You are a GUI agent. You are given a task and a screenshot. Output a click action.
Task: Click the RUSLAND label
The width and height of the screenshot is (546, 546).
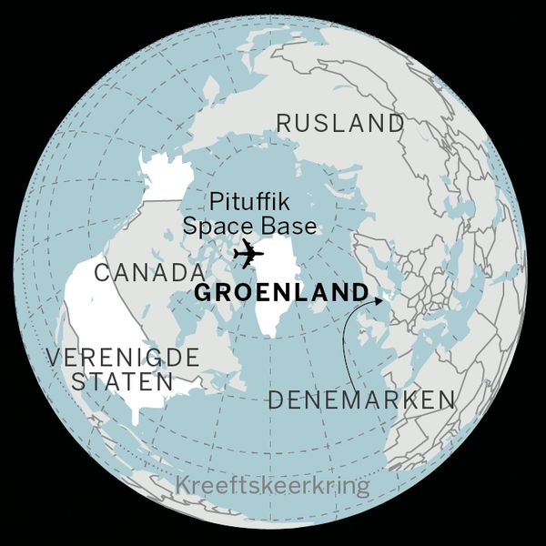tap(339, 123)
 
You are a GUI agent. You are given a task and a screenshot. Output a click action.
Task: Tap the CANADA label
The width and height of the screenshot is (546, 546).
tap(148, 272)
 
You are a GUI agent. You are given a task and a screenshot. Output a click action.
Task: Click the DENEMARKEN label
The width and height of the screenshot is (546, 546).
tap(360, 399)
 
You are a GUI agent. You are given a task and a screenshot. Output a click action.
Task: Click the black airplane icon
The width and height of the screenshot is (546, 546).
tap(247, 255)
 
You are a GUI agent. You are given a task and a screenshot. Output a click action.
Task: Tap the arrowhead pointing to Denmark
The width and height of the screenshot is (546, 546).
tap(379, 297)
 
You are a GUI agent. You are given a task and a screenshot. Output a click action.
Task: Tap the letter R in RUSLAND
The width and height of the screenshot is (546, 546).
tap(284, 123)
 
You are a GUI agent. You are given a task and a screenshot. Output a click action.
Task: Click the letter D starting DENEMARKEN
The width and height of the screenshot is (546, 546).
tap(276, 399)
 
